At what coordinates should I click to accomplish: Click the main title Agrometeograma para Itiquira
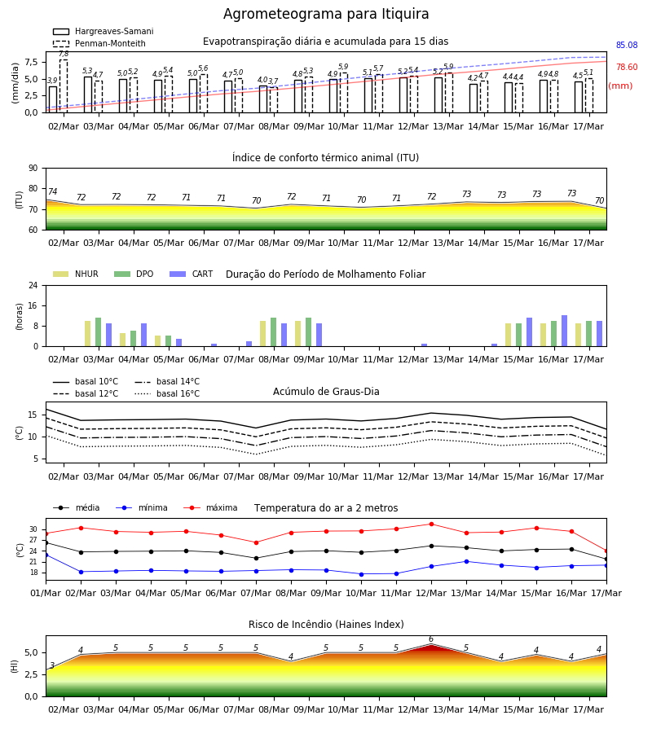point(326,14)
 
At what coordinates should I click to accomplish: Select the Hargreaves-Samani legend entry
point(103,31)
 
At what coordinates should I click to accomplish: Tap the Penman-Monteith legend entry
point(99,43)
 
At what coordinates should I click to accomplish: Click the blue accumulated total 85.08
point(627,46)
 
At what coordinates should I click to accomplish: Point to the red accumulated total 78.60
point(627,67)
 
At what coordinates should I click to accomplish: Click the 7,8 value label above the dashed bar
point(64,54)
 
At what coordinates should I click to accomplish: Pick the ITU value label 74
point(52,191)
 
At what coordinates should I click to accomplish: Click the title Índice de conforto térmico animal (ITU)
point(325,157)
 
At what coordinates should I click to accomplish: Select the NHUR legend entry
point(76,274)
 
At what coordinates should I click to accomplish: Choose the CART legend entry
point(192,274)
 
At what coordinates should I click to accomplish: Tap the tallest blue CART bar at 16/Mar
point(565,331)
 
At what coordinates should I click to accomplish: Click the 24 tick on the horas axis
point(33,285)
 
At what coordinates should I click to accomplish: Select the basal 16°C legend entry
point(167,393)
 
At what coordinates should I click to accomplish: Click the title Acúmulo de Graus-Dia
point(326,391)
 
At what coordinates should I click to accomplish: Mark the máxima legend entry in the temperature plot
point(210,507)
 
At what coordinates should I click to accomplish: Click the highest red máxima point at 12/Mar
point(431,524)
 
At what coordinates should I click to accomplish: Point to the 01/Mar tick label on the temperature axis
point(46,593)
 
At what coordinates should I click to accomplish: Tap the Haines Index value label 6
point(431,639)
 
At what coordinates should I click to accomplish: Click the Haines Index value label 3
point(52,665)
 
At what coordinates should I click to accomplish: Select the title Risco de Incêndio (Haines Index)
point(326,624)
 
